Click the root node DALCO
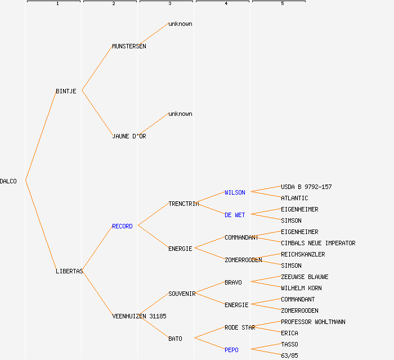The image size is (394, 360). pos(8,181)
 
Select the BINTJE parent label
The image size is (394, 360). pos(66,91)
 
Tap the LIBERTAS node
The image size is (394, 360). pos(69,271)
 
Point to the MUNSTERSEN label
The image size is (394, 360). pos(129,46)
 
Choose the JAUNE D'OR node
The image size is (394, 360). pos(129,136)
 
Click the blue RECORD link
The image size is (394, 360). pos(122,226)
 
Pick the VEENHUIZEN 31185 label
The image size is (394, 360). pos(139,316)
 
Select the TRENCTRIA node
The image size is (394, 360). pos(183,204)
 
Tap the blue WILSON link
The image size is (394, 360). pos(235,192)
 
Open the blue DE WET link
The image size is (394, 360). pos(235,215)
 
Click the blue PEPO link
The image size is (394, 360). pos(231,350)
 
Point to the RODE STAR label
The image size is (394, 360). pos(240,327)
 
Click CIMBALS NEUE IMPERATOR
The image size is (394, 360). pos(318,243)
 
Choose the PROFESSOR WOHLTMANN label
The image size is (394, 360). pos(313,322)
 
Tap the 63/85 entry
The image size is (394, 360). pos(289,355)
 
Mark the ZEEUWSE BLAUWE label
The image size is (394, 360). pos(305,277)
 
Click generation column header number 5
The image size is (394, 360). pos(283,4)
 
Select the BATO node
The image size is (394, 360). pos(175,339)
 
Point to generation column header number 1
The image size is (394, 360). pos(57,4)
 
